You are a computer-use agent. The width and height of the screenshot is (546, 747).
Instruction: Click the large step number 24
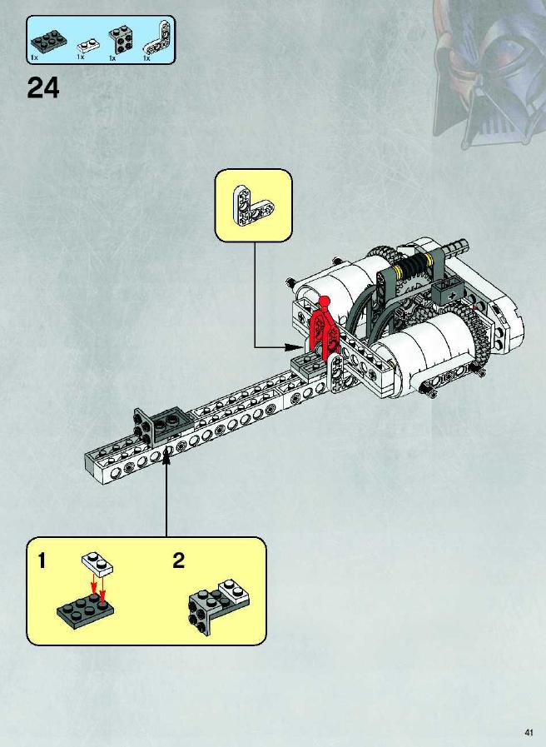coord(43,88)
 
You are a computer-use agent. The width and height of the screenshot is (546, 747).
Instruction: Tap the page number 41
coord(529,732)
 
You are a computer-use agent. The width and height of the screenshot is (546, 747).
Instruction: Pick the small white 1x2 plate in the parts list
coord(88,46)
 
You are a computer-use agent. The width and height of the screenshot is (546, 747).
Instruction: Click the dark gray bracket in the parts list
coord(121,39)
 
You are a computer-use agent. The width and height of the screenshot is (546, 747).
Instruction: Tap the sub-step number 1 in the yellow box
coord(42,560)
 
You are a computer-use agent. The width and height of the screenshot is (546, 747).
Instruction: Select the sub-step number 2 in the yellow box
coord(178,560)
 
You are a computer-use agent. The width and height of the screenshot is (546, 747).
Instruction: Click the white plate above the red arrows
coord(97,563)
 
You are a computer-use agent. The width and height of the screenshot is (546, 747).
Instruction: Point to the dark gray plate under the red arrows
coord(86,610)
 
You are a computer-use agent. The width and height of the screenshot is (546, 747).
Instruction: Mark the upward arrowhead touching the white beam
coord(166,457)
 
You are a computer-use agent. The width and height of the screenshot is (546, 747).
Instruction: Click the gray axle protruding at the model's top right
coord(456,247)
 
